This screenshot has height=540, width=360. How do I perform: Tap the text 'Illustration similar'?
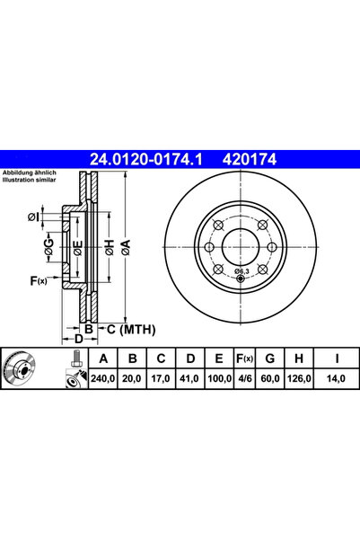[x=31, y=178]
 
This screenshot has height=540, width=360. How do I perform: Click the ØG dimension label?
[x=49, y=249]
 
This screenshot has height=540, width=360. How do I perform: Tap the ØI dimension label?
[x=33, y=216]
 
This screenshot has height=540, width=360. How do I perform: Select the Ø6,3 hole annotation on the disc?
[x=241, y=270]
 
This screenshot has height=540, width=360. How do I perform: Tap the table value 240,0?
[x=103, y=380]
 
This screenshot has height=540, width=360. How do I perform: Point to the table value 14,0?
[x=336, y=380]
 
